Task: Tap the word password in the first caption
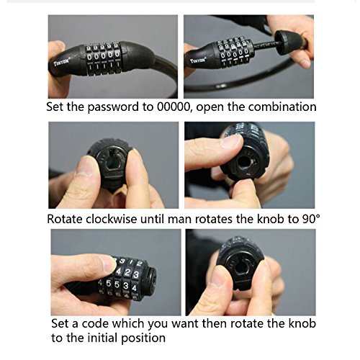click(113, 107)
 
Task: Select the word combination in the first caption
click(282, 107)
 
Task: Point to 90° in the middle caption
click(311, 219)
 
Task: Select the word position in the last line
click(143, 338)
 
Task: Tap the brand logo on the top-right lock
click(198, 60)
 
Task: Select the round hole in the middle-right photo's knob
click(244, 162)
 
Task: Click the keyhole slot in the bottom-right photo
click(240, 269)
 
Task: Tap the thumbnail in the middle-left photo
click(84, 166)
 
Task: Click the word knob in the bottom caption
click(302, 323)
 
